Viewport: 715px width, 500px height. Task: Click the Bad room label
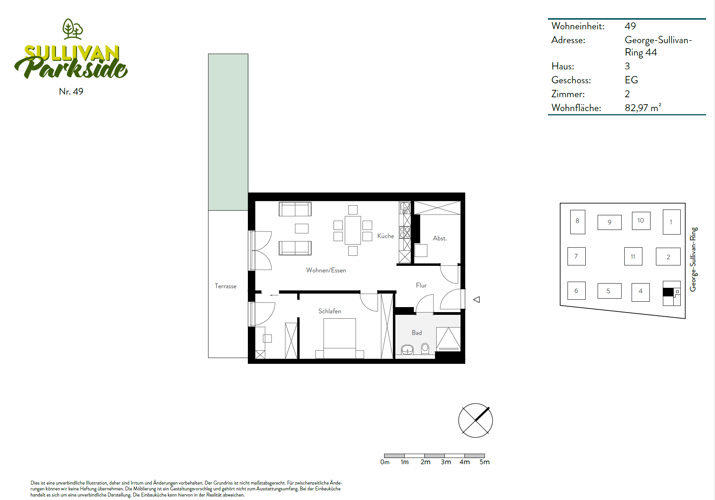click(417, 333)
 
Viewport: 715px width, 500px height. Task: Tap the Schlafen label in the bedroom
click(330, 311)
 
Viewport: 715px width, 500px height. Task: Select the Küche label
click(386, 236)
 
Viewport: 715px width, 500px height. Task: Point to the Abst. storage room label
click(440, 238)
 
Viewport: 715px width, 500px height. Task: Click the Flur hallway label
click(421, 285)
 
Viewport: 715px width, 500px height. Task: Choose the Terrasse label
click(225, 286)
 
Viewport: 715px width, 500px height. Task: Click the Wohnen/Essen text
click(326, 270)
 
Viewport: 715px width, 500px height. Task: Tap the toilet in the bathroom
click(425, 348)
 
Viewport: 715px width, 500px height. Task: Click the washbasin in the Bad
click(407, 350)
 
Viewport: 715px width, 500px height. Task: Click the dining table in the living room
click(353, 230)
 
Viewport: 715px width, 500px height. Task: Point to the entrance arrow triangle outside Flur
click(476, 299)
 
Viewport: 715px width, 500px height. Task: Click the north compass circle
click(476, 421)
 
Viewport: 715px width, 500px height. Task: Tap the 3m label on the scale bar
click(446, 462)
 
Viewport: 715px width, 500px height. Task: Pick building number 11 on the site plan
click(633, 256)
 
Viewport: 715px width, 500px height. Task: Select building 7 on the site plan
click(576, 256)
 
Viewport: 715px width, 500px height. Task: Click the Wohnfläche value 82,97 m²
click(643, 108)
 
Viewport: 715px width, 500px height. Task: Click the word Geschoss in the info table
click(571, 80)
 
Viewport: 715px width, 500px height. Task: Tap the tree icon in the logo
click(73, 29)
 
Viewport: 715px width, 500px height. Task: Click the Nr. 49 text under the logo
click(71, 91)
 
